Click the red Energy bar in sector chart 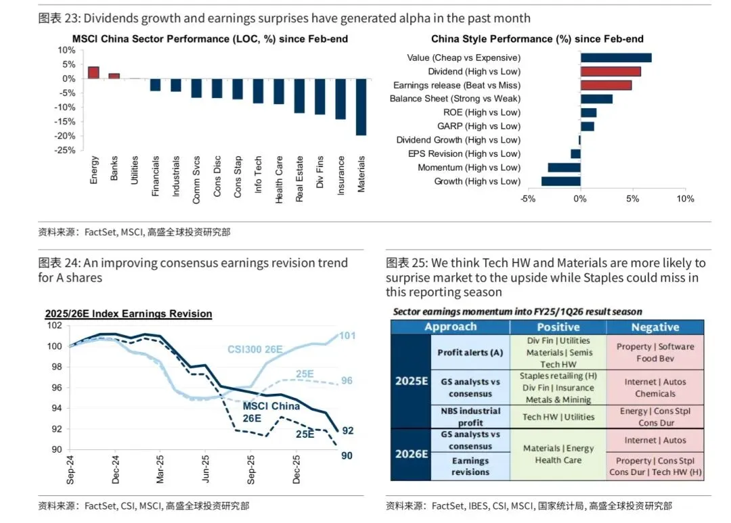tap(93, 72)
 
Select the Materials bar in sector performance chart tap(361, 107)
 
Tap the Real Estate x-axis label tap(299, 179)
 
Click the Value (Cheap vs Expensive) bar tap(616, 58)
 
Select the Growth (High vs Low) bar tap(561, 181)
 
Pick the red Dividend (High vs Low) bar tap(611, 71)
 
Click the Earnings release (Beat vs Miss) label tap(457, 85)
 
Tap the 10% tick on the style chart tap(685, 199)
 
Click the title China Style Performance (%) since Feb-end tap(537, 39)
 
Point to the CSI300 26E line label tap(254, 350)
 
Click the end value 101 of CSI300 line tap(347, 336)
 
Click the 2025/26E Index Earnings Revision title tap(128, 314)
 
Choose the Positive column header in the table tap(558, 327)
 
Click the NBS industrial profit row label tap(470, 417)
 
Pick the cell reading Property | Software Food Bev tap(655, 353)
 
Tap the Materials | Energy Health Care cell tap(558, 454)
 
